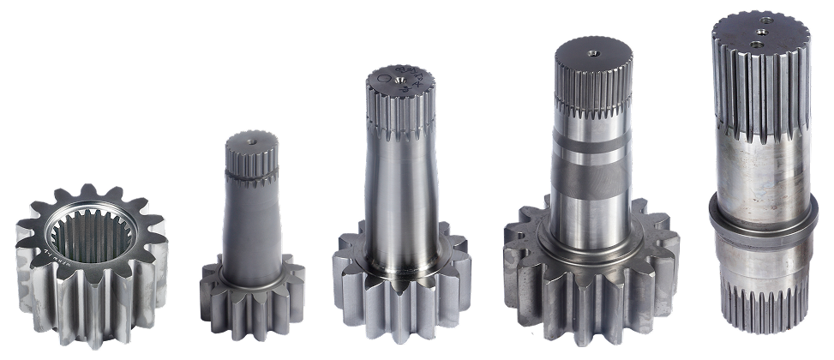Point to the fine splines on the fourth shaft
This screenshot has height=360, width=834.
(x=591, y=99)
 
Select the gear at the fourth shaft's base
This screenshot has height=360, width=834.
(x=591, y=274)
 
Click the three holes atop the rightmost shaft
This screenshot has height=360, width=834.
(x=759, y=32)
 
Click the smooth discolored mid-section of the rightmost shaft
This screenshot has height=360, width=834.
(x=761, y=176)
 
